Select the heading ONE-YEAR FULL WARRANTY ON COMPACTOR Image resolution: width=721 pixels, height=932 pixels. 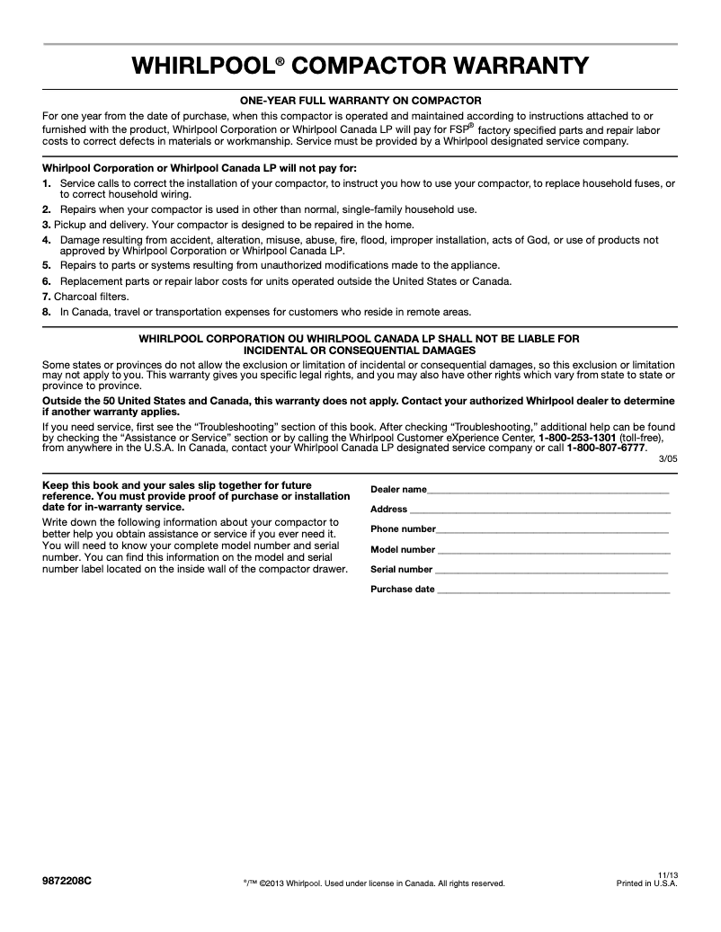pyautogui.click(x=360, y=101)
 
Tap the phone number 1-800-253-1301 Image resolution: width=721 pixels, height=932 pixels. pyautogui.click(x=576, y=438)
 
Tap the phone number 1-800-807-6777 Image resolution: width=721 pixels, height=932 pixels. pyautogui.click(x=605, y=447)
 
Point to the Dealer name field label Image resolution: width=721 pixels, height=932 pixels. pyautogui.click(x=398, y=489)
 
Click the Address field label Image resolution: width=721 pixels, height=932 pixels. pyautogui.click(x=389, y=509)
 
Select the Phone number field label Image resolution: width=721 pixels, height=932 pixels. pyautogui.click(x=403, y=529)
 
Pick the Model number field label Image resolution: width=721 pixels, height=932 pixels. pyautogui.click(x=403, y=549)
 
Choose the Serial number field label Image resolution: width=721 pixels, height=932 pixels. pyautogui.click(x=402, y=569)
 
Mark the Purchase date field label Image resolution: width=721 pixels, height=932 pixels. pyautogui.click(x=403, y=590)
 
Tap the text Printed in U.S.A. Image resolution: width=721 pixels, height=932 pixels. pyautogui.click(x=645, y=883)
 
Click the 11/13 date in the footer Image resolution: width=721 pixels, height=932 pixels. pyautogui.click(x=667, y=874)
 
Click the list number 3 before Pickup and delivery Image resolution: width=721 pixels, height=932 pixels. pyautogui.click(x=46, y=224)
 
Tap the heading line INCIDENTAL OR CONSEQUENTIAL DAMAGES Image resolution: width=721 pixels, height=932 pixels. pyautogui.click(x=360, y=349)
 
